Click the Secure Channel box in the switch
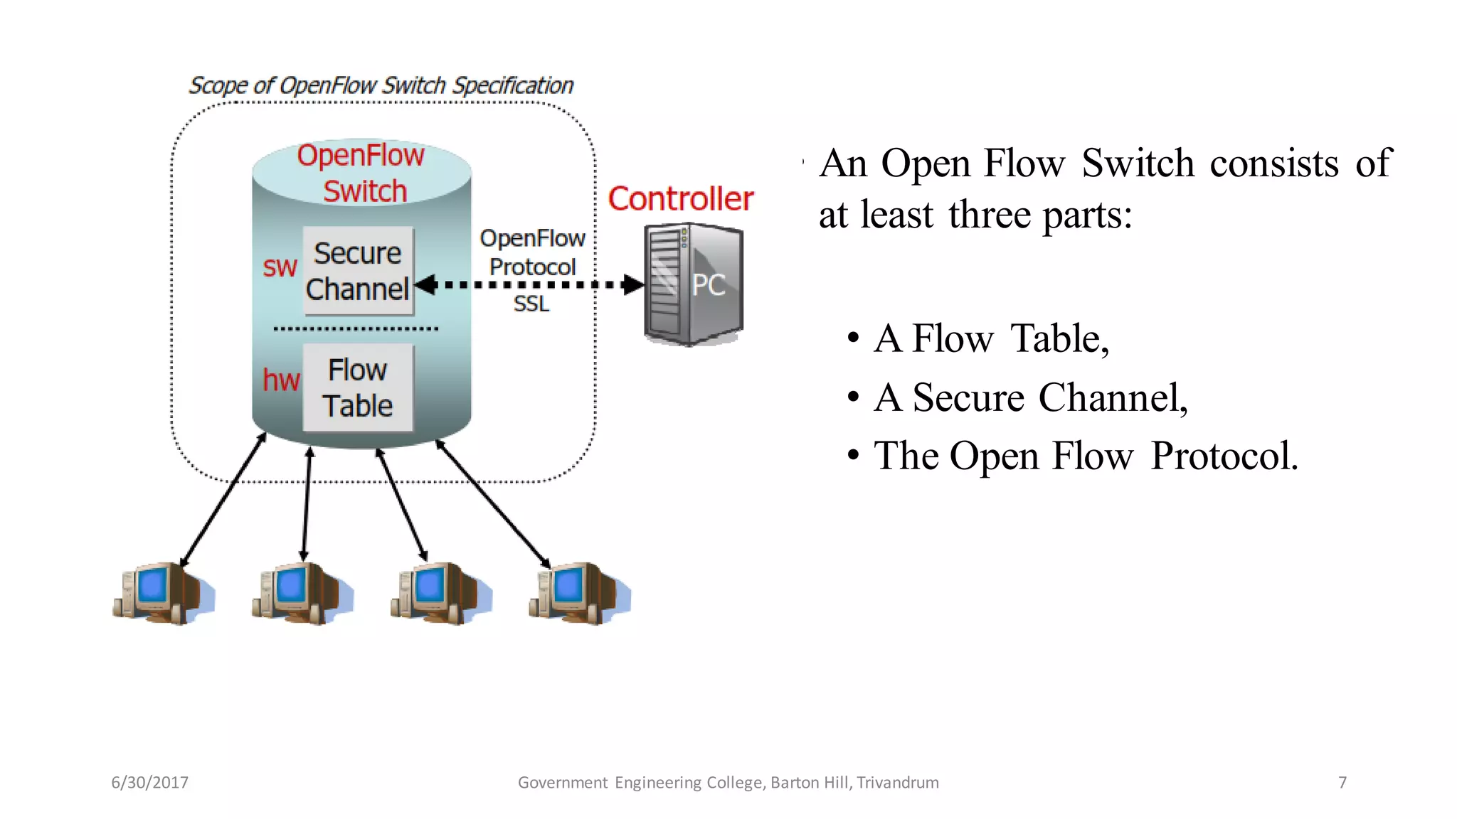click(x=358, y=271)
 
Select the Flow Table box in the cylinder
click(x=358, y=387)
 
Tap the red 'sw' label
click(x=280, y=267)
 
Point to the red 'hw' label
click(x=281, y=380)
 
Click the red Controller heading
click(x=680, y=198)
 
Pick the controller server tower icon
click(x=693, y=284)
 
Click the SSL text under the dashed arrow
click(x=531, y=304)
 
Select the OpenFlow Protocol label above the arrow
click(x=532, y=252)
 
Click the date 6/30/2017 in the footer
click(x=149, y=783)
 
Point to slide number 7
click(x=1342, y=783)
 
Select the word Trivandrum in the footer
click(x=897, y=783)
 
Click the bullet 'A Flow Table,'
click(x=991, y=338)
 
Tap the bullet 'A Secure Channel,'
click(x=1030, y=397)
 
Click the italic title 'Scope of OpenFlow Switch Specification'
click(x=381, y=86)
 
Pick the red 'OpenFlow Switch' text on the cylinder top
click(x=362, y=173)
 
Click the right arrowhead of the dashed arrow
click(x=633, y=285)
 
